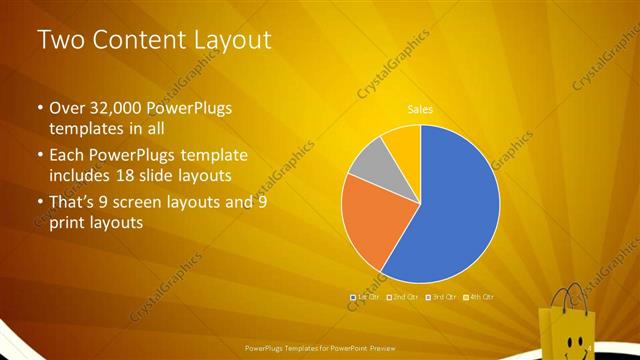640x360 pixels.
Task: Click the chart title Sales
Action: pyautogui.click(x=420, y=109)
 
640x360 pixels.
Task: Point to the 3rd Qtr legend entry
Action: pyautogui.click(x=443, y=297)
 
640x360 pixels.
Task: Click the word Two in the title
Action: pyautogui.click(x=59, y=40)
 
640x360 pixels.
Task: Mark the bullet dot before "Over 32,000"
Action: pyautogui.click(x=40, y=108)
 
